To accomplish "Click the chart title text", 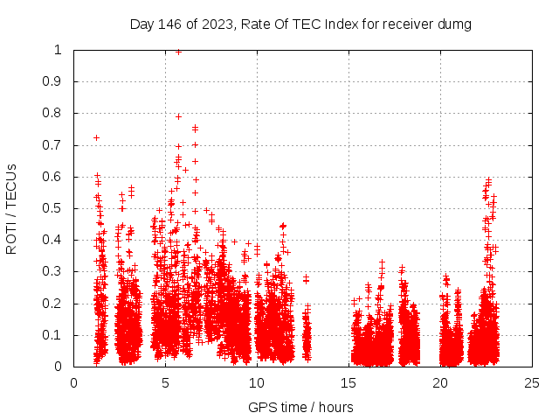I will [x=300, y=24].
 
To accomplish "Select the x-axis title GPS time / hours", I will [x=300, y=407].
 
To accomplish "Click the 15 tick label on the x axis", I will [x=349, y=382].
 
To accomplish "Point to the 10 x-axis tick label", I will [x=257, y=382].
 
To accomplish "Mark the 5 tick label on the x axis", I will [x=165, y=382].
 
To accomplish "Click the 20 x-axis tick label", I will [x=440, y=382].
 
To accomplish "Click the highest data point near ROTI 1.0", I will [x=178, y=52].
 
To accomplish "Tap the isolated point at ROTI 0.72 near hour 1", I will [x=97, y=137].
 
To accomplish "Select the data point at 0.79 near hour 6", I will [x=178, y=116].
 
